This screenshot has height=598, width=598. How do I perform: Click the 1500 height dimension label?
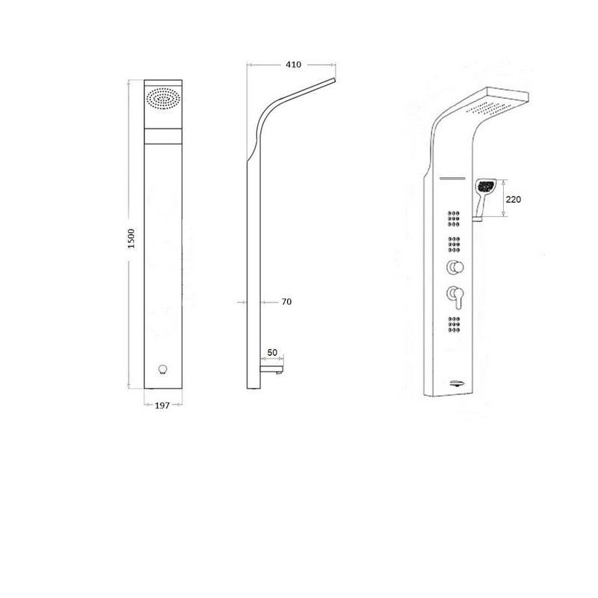(132, 238)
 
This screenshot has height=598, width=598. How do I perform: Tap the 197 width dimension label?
(162, 405)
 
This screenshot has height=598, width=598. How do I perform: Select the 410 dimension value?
(293, 65)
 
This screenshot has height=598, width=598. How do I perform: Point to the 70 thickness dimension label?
(286, 302)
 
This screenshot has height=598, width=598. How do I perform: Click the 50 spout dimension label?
(272, 353)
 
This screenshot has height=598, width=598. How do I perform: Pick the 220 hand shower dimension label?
(513, 200)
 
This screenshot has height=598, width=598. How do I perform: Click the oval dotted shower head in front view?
(163, 99)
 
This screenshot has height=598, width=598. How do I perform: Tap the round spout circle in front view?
(163, 369)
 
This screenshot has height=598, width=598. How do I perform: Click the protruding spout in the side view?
(271, 369)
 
